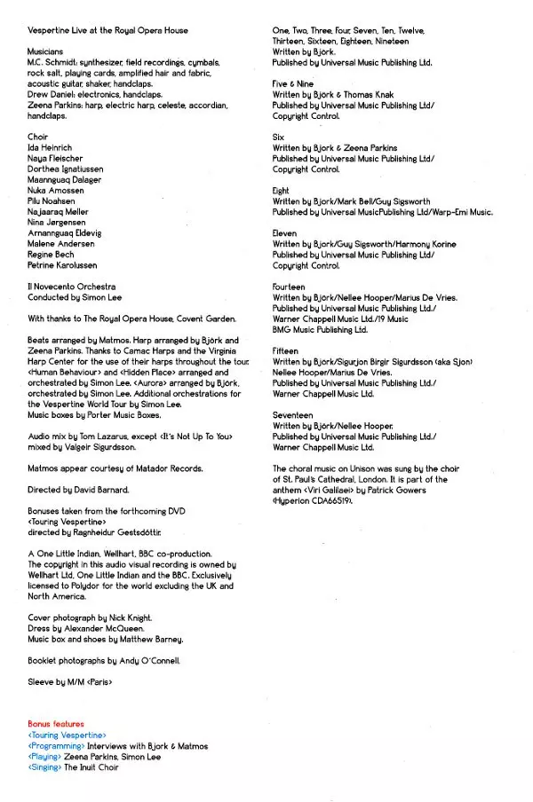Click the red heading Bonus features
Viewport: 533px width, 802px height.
tap(56, 724)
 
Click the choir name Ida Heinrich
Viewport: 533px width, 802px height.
tap(50, 148)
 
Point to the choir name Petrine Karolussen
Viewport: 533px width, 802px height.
tap(63, 265)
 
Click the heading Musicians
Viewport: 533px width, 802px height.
tap(45, 52)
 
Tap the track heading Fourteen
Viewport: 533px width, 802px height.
tap(289, 287)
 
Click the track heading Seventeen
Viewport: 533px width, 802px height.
tap(293, 414)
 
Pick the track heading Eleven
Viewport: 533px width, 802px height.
tap(285, 233)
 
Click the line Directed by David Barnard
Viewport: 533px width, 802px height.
tap(78, 489)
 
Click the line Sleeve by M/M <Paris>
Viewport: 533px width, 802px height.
tap(70, 681)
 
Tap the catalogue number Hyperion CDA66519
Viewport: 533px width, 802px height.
tap(314, 501)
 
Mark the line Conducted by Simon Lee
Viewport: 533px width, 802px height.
tap(75, 297)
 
